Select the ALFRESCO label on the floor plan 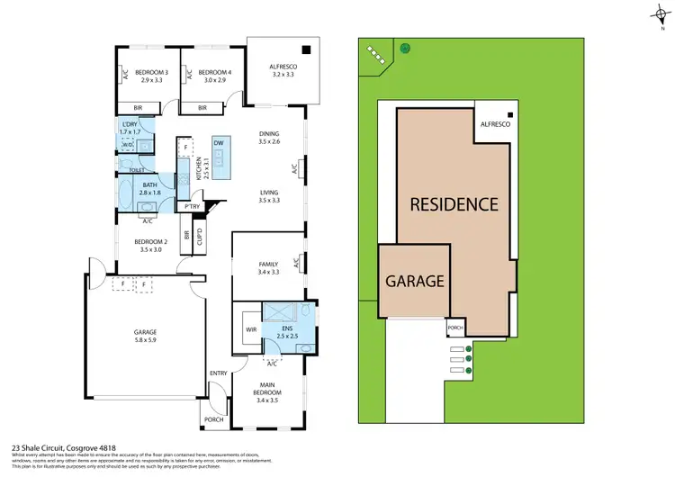(x=283, y=70)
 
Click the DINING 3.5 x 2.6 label (x=270, y=137)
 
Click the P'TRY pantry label (x=191, y=207)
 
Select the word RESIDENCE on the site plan (x=454, y=204)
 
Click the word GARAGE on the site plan (x=415, y=281)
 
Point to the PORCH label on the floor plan (x=214, y=419)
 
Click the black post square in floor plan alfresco (x=307, y=49)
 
